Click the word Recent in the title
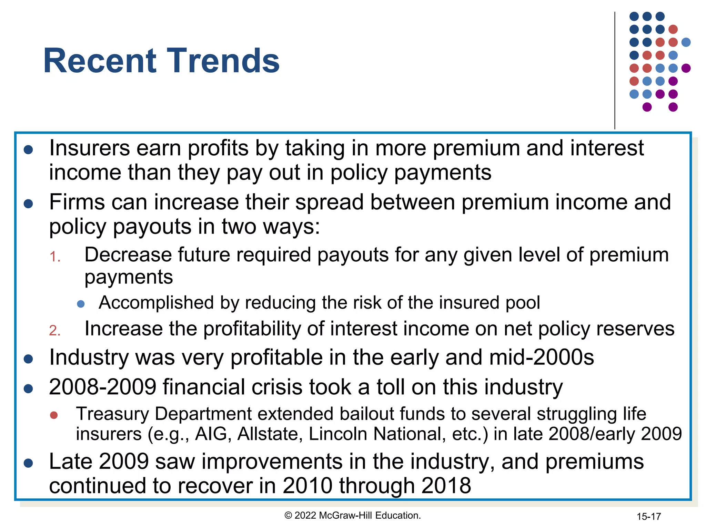point(100,61)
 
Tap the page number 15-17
point(648,517)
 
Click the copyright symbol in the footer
point(288,516)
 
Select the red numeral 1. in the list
point(55,257)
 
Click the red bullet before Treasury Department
point(54,415)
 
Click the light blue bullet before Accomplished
point(81,304)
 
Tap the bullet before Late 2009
point(28,463)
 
